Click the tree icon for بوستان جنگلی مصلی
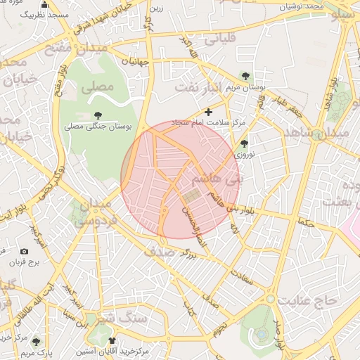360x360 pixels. coord(98,115)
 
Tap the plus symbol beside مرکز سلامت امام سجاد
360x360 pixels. coord(207,111)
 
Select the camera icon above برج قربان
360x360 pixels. coord(25,251)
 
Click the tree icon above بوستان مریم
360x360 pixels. coord(245,75)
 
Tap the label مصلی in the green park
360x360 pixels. coord(96,89)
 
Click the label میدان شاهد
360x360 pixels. coord(328,133)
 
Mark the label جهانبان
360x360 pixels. coord(136,62)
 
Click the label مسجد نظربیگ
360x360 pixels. coord(44,13)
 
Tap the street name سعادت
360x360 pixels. coord(243,276)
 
